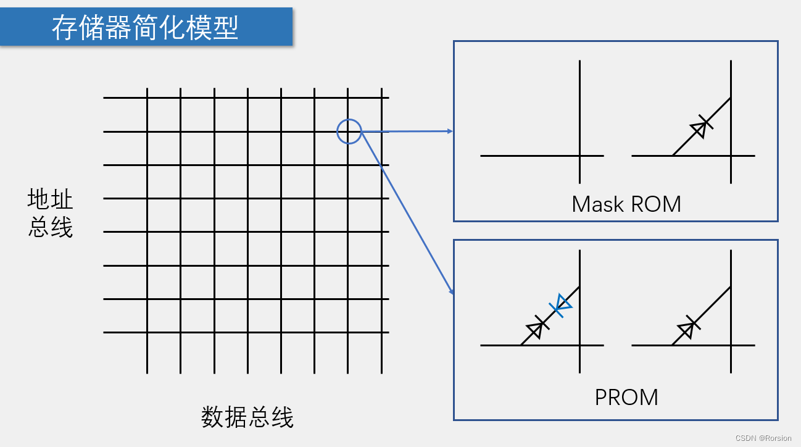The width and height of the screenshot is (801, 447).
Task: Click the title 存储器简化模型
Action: (x=146, y=28)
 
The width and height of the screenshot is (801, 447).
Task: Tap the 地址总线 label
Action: (x=50, y=214)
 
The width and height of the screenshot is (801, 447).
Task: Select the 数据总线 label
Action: (x=247, y=417)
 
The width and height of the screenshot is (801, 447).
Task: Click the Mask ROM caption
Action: (x=626, y=204)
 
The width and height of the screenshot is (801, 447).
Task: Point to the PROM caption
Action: (x=626, y=397)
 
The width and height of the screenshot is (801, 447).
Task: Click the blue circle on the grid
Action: (x=349, y=132)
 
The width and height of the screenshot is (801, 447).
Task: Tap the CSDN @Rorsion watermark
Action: (x=763, y=438)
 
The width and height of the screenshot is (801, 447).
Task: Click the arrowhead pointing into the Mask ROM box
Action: (x=450, y=131)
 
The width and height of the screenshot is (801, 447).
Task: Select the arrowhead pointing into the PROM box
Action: (x=451, y=291)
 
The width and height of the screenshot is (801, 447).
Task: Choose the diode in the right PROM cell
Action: (x=687, y=328)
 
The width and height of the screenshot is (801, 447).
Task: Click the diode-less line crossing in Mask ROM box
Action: (x=579, y=156)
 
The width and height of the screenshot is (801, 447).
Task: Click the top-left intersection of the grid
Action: (x=147, y=98)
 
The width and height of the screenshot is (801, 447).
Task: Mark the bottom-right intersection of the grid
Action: (x=381, y=333)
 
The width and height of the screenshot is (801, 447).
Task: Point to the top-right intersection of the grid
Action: (x=381, y=98)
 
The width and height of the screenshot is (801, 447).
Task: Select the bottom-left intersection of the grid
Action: (x=147, y=333)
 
